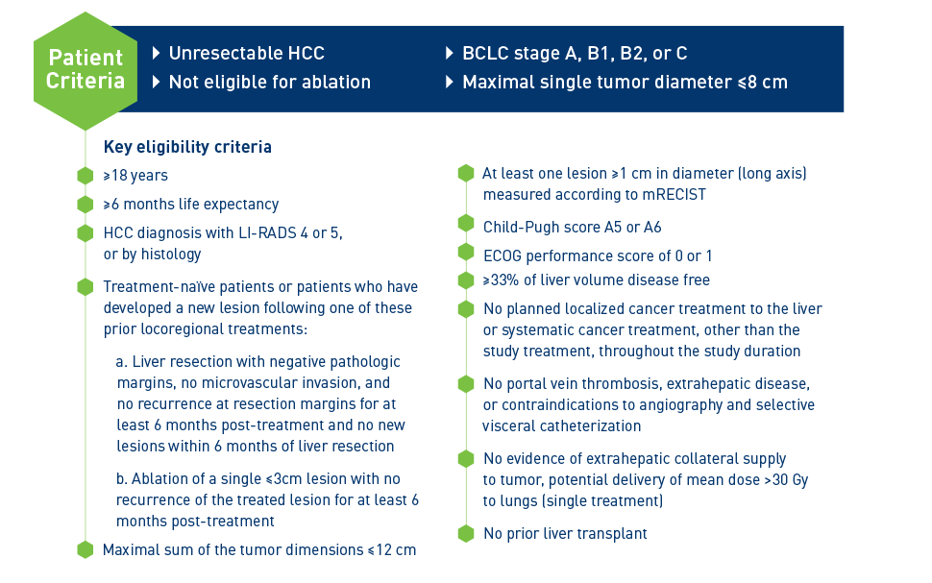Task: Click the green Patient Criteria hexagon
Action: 86,71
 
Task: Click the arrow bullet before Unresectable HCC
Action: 157,54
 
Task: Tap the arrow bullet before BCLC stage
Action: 450,54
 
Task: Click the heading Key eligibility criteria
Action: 187,147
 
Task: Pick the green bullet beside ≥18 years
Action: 85,176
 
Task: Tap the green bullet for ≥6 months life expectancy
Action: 85,205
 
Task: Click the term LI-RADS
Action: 267,233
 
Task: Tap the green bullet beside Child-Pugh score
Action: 466,224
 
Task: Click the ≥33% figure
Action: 501,279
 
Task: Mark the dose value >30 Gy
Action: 786,480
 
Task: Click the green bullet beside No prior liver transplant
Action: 466,534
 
